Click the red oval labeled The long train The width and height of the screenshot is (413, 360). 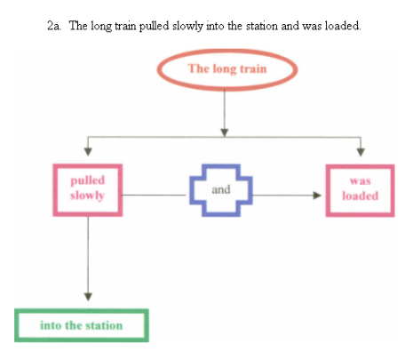coord(227,52)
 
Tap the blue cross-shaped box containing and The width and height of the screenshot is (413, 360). coord(192,190)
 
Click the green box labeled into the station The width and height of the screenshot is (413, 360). coord(82,311)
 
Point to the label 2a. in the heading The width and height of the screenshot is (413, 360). coord(54,26)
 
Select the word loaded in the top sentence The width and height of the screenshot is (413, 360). coord(343,26)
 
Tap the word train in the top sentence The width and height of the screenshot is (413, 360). coord(125,26)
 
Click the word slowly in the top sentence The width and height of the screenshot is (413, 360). coord(187,27)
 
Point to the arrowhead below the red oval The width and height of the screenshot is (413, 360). coord(225,132)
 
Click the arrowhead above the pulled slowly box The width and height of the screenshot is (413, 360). coord(88,151)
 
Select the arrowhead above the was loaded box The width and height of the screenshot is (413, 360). coord(361,152)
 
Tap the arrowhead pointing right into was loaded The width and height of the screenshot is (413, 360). coord(317,196)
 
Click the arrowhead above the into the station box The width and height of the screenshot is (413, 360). coord(88,297)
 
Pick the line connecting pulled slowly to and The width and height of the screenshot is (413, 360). coord(154,195)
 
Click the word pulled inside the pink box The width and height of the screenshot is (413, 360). coord(88,181)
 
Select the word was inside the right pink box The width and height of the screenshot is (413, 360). coord(361,181)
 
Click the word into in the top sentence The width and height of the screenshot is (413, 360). coord(215,26)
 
